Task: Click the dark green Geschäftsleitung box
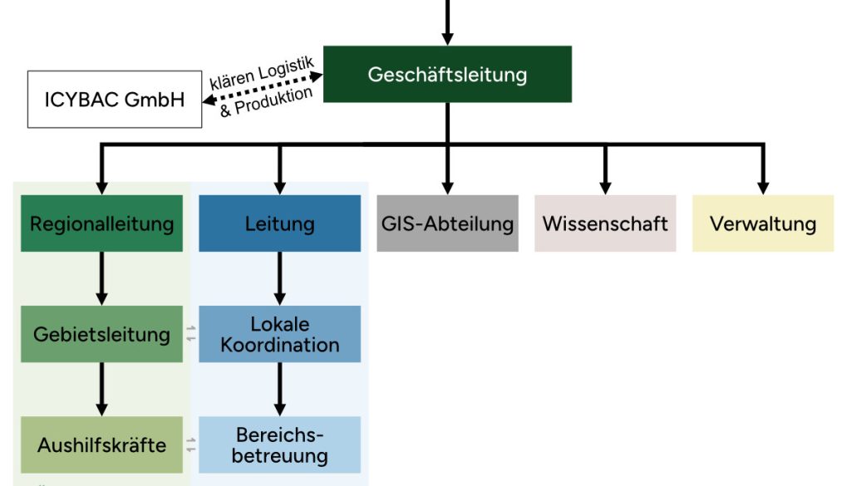pyautogui.click(x=447, y=74)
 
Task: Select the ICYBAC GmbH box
pyautogui.click(x=115, y=100)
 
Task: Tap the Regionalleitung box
pyautogui.click(x=101, y=223)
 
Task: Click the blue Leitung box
pyautogui.click(x=280, y=223)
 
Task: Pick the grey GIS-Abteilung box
pyautogui.click(x=447, y=223)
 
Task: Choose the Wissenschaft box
pyautogui.click(x=605, y=223)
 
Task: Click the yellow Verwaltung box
pyautogui.click(x=763, y=223)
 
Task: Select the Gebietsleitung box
pyautogui.click(x=101, y=334)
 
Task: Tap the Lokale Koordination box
pyautogui.click(x=280, y=334)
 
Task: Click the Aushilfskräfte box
pyautogui.click(x=101, y=444)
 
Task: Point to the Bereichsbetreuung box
pyautogui.click(x=280, y=444)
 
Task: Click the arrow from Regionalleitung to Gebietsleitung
pyautogui.click(x=101, y=278)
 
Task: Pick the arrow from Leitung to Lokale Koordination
pyautogui.click(x=280, y=278)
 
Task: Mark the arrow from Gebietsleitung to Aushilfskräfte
pyautogui.click(x=101, y=389)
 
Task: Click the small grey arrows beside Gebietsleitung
pyautogui.click(x=191, y=334)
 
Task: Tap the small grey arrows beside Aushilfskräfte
pyautogui.click(x=191, y=444)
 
